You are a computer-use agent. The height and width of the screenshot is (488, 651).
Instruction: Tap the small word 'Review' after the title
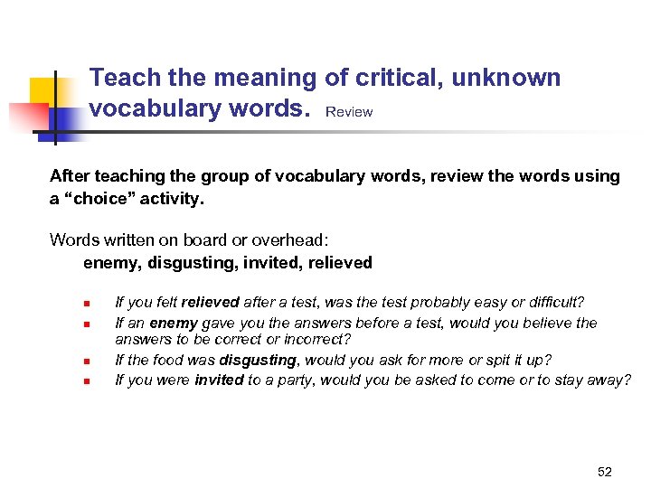pos(348,112)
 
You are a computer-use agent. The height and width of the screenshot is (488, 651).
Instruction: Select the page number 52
pos(605,472)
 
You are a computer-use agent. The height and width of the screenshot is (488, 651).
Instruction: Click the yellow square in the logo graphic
pos(45,92)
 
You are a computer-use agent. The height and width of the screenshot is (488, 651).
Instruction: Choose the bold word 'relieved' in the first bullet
pos(210,302)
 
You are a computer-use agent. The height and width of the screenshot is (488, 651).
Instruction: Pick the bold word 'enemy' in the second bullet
pos(174,323)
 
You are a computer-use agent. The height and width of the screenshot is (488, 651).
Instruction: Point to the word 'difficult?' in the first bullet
pos(553,302)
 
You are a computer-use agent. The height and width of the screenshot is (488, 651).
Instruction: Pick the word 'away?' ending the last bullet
pos(610,380)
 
